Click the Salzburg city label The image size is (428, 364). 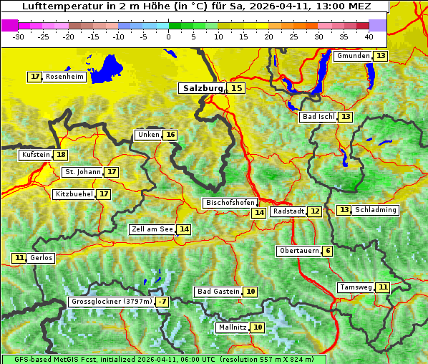click(x=201, y=88)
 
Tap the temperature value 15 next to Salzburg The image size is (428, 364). click(x=236, y=88)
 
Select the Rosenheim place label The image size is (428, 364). click(x=64, y=77)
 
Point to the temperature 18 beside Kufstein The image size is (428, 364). click(x=61, y=155)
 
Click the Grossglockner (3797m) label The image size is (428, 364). click(x=112, y=302)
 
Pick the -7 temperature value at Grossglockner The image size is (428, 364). click(x=162, y=302)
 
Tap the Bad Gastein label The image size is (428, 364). click(x=218, y=292)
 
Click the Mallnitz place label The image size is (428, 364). click(x=232, y=327)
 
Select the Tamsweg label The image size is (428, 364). click(x=355, y=287)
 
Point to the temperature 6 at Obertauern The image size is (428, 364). click(x=327, y=251)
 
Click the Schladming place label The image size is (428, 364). click(x=376, y=210)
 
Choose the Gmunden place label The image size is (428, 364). click(x=353, y=56)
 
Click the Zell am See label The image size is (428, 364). click(x=152, y=229)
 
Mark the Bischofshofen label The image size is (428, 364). click(x=229, y=203)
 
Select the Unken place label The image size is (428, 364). click(x=148, y=135)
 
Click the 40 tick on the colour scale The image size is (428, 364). click(x=369, y=37)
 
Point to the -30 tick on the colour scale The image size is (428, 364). click(x=19, y=37)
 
